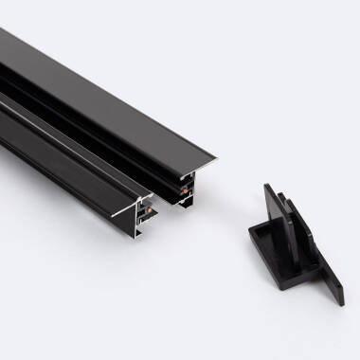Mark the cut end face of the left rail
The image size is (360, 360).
[142, 213]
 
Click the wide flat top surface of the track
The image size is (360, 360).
[114, 95]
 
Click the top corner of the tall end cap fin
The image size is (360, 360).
[266, 187]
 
